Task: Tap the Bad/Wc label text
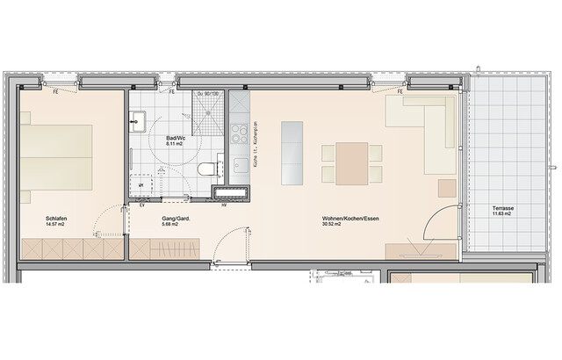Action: coord(176,139)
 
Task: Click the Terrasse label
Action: coord(503,207)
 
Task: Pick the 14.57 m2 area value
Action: coord(55,225)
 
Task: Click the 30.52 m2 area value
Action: coord(334,225)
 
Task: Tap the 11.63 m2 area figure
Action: coord(503,213)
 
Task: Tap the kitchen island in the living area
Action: coord(291,152)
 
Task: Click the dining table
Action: coord(351,162)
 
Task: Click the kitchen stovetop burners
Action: coord(239,133)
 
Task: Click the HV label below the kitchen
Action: coord(224,206)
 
